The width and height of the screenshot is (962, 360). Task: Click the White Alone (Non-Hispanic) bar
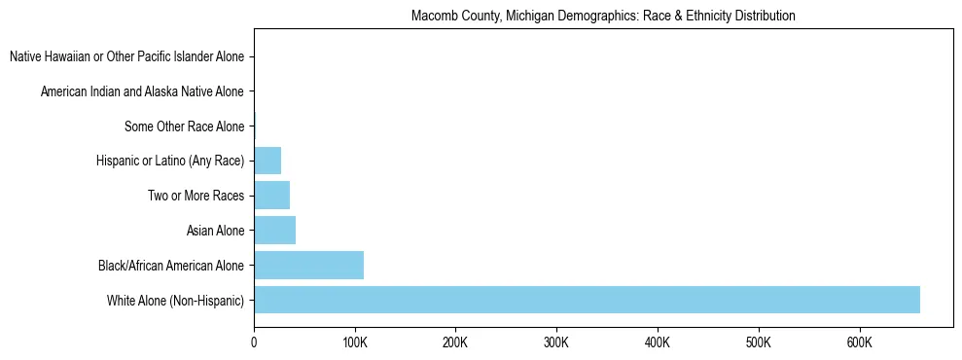[587, 300]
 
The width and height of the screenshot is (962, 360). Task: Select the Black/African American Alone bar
[308, 265]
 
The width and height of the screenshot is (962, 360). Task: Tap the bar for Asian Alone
[274, 231]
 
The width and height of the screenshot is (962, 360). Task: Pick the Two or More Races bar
[271, 196]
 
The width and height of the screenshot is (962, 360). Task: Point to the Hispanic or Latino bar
[267, 161]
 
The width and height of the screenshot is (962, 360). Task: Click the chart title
[603, 16]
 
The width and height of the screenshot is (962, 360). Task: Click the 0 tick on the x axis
[254, 342]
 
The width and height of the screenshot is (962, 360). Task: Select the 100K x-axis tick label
[355, 342]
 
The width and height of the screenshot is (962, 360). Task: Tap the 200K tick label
[455, 342]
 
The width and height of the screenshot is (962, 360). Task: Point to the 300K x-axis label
[556, 342]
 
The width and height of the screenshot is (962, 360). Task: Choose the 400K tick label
[658, 342]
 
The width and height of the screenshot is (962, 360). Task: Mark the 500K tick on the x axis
[758, 342]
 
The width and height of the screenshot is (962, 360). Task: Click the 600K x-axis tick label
[859, 342]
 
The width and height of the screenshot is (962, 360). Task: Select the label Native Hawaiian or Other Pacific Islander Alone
[126, 57]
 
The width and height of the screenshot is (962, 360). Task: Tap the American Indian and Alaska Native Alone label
[142, 91]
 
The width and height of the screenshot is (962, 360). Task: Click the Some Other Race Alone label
[184, 126]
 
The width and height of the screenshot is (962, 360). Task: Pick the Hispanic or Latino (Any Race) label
[170, 161]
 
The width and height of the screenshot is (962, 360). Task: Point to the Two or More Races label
[196, 196]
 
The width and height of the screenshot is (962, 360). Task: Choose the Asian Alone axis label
[215, 231]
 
